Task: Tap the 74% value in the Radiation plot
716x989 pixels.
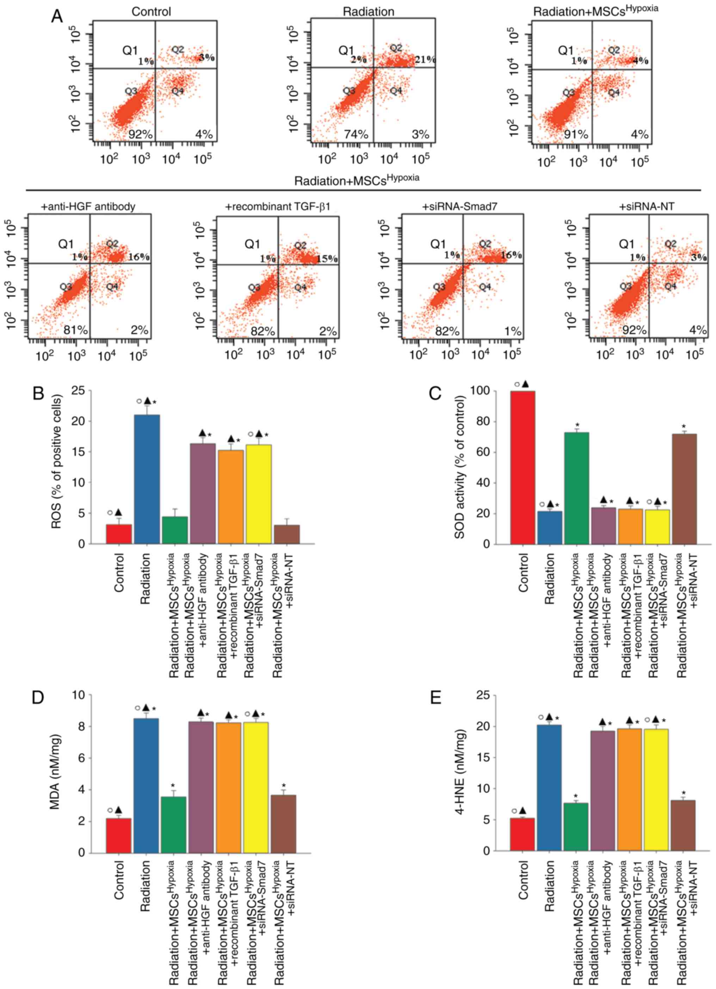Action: pos(356,135)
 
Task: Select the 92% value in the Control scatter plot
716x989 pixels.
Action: pos(140,135)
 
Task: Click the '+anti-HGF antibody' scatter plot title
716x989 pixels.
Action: pos(88,206)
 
